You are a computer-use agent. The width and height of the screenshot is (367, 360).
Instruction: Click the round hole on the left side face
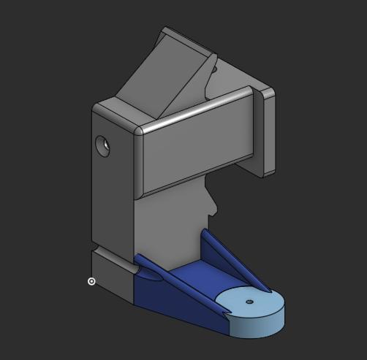pyautogui.click(x=103, y=146)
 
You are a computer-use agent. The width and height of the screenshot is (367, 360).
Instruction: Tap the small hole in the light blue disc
pyautogui.click(x=249, y=301)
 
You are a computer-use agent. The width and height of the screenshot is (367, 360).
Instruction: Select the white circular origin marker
pyautogui.click(x=91, y=281)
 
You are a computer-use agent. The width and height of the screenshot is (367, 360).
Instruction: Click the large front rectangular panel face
pyautogui.click(x=197, y=150)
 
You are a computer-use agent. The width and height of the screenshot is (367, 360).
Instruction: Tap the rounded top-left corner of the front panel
pyautogui.click(x=139, y=132)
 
